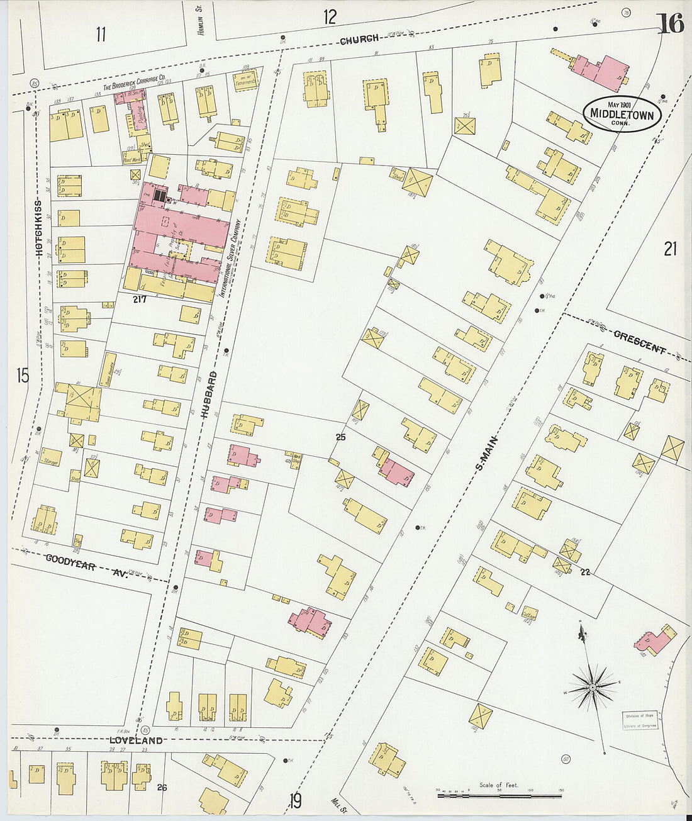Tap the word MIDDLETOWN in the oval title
click(x=622, y=114)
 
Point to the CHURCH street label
click(x=359, y=40)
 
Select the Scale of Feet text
click(x=499, y=785)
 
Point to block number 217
click(x=140, y=299)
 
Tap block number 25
click(x=340, y=437)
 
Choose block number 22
click(x=585, y=572)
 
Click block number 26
click(x=162, y=786)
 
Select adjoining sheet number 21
click(x=670, y=249)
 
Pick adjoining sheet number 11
click(x=101, y=35)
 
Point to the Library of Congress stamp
click(x=640, y=721)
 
